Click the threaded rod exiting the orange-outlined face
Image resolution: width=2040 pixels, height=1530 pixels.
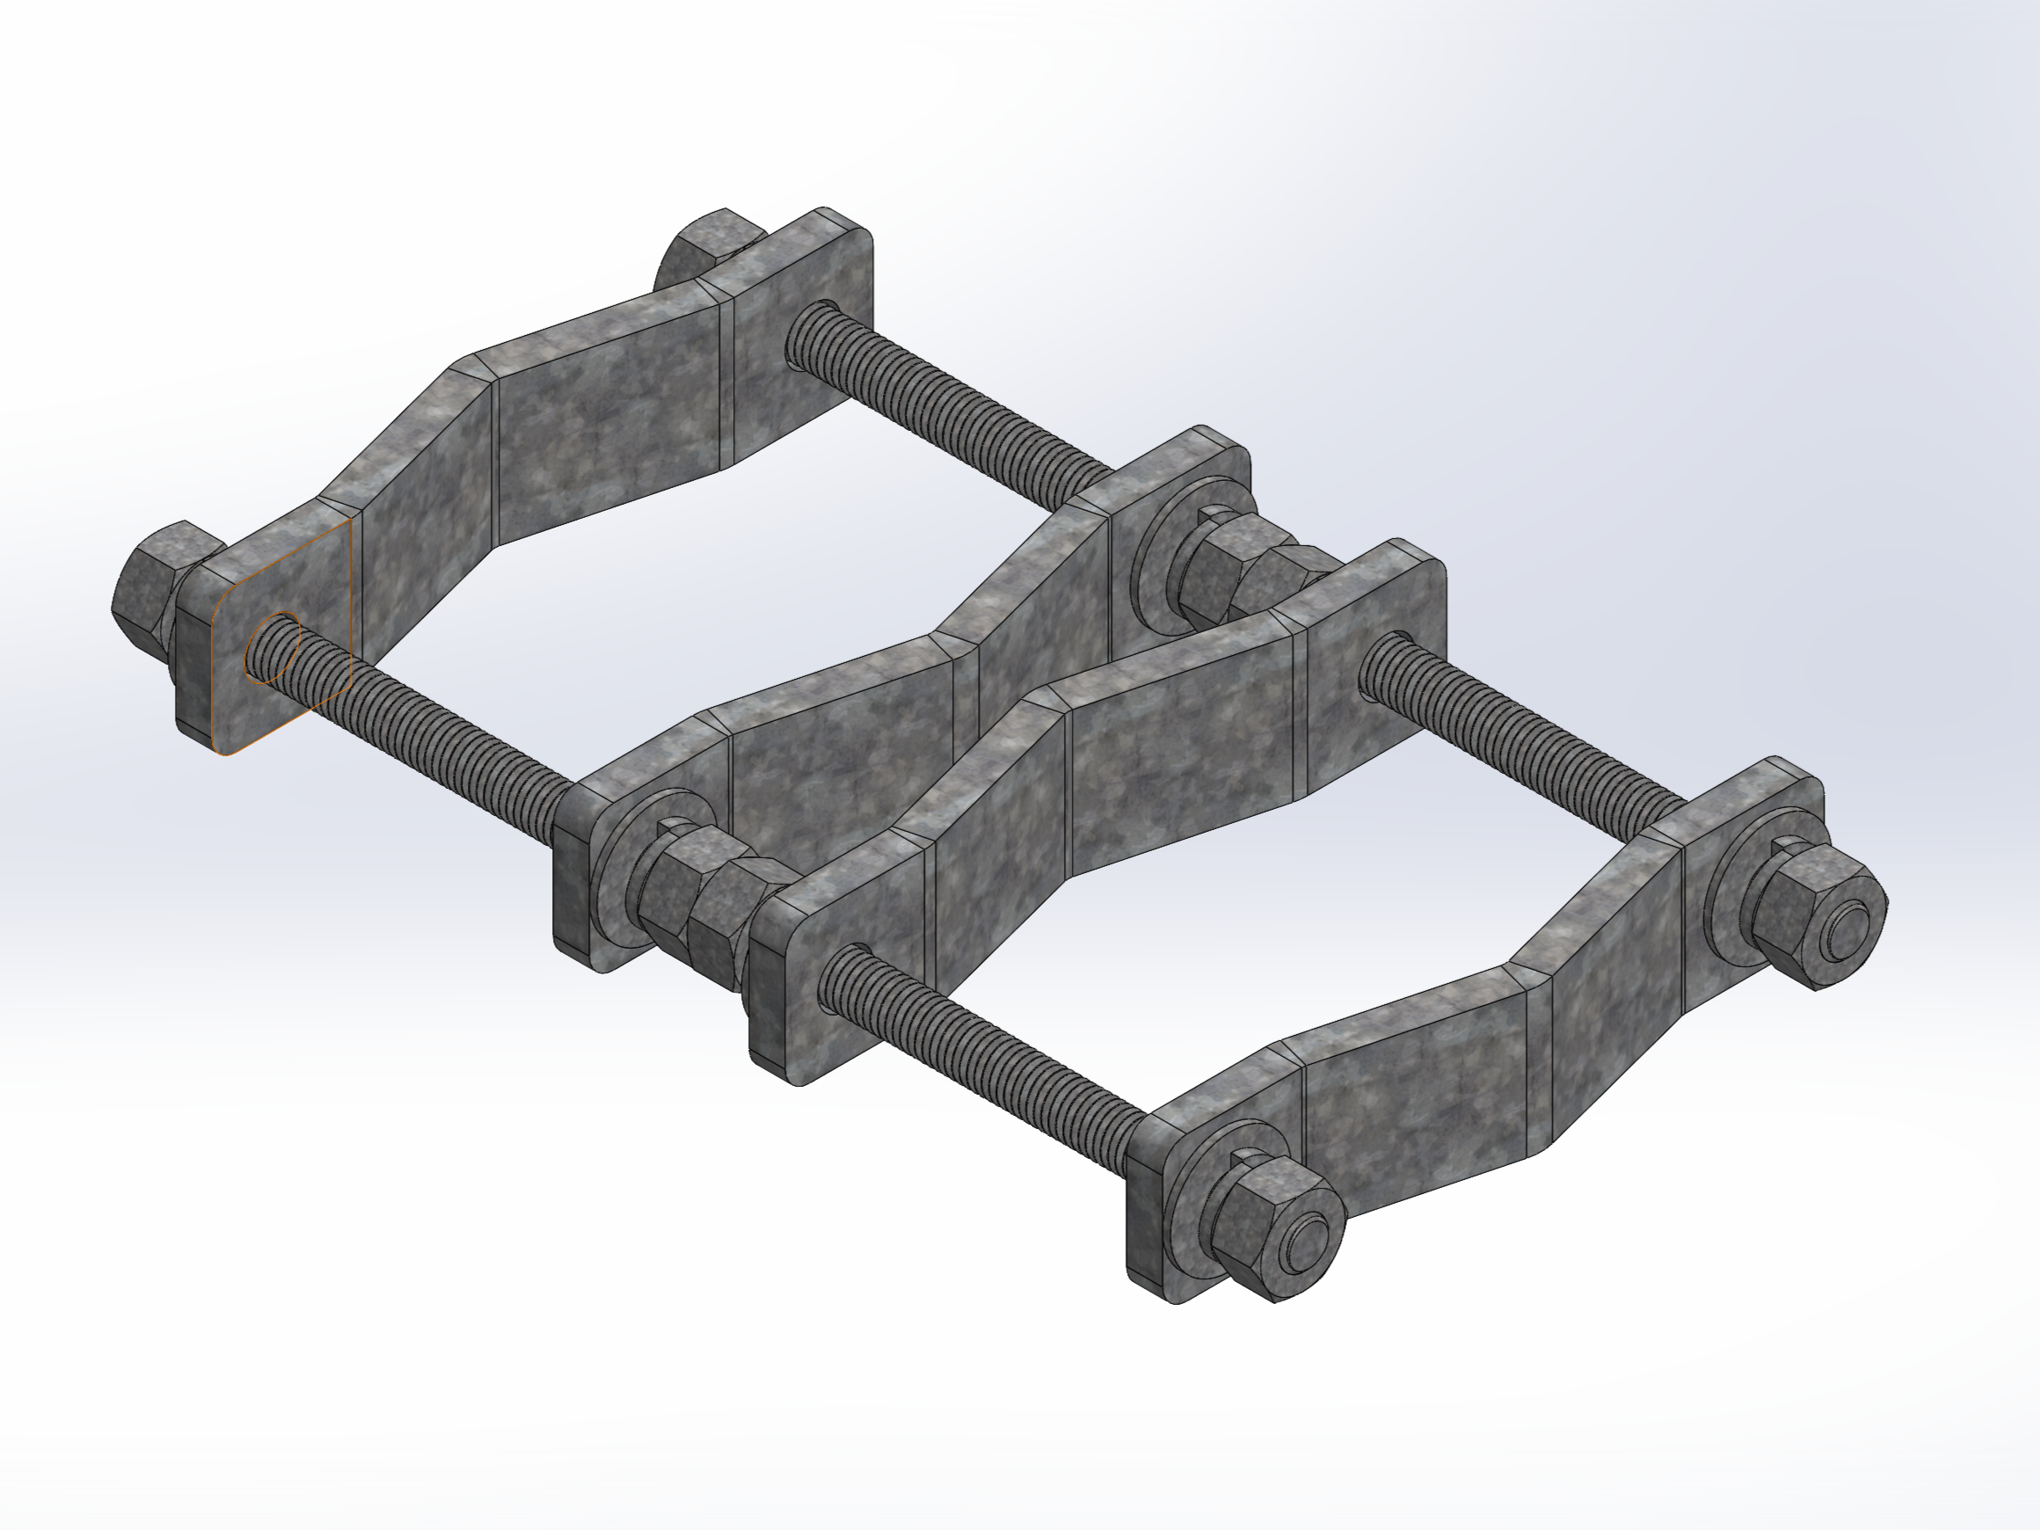point(433,729)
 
